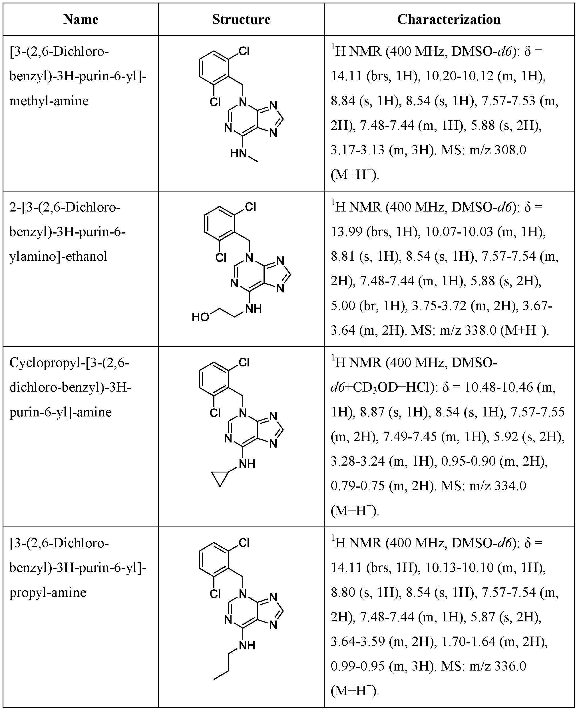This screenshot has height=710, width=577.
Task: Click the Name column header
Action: [81, 19]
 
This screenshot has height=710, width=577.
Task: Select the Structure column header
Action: [241, 19]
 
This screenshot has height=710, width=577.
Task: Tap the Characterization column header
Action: [449, 19]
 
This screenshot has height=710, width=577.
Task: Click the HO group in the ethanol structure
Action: [200, 317]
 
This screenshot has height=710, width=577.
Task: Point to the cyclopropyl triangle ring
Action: [220, 479]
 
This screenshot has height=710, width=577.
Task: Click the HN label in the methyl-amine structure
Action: [238, 153]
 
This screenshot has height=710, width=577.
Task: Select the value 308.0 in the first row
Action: [510, 150]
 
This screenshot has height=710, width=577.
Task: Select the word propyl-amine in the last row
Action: [48, 593]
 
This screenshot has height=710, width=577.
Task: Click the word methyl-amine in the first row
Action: [49, 101]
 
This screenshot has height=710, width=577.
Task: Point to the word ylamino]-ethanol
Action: [58, 256]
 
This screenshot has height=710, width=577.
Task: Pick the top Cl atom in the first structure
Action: [244, 51]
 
